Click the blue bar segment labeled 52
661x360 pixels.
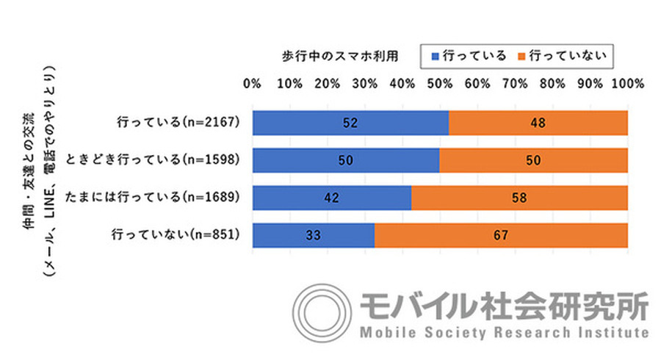(350, 123)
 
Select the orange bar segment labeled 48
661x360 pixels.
(538, 123)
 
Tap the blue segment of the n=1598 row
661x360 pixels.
(346, 160)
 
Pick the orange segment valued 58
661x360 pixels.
(519, 198)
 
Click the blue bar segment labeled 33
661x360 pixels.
(314, 236)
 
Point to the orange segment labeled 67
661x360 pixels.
(501, 236)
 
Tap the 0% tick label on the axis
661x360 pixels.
(253, 84)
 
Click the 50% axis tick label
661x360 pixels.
(440, 84)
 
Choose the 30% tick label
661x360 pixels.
(365, 84)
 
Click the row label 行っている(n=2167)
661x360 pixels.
(179, 123)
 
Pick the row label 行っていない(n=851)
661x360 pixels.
(176, 236)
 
